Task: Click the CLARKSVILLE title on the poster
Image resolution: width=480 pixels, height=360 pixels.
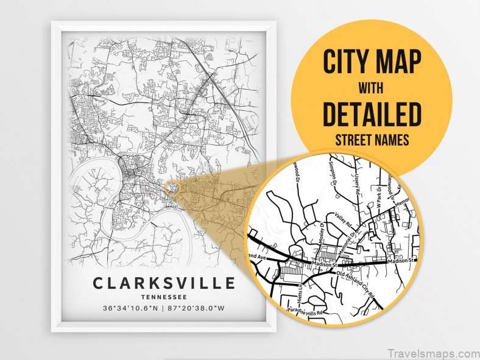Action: coord(164,283)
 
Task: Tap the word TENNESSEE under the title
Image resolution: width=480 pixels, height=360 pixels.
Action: coord(164,297)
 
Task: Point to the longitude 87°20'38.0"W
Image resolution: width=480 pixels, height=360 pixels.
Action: coord(199,308)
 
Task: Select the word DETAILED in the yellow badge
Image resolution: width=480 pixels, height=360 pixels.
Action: coord(372,114)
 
